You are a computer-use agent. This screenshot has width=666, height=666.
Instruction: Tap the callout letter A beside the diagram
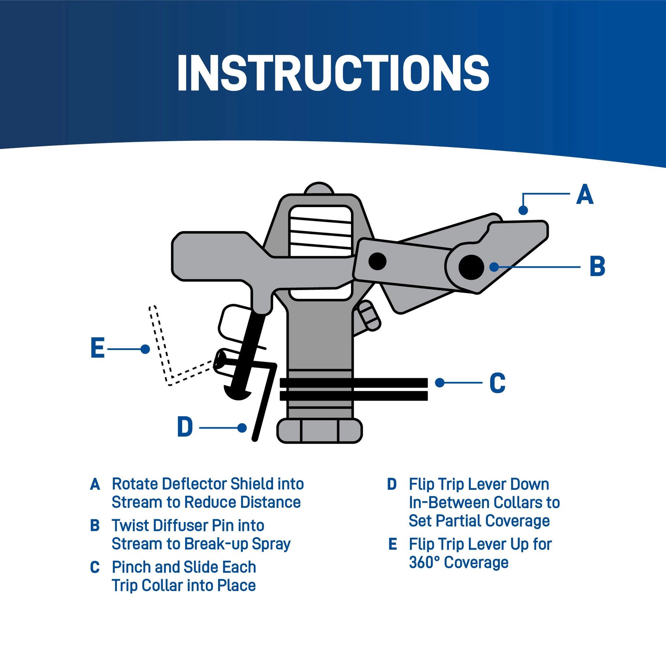click(584, 195)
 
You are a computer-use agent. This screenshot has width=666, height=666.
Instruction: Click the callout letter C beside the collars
click(497, 383)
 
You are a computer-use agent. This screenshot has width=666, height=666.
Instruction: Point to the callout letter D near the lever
click(185, 428)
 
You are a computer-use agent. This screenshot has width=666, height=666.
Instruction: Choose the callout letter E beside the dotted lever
click(97, 348)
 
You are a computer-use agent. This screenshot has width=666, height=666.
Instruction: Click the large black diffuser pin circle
click(471, 267)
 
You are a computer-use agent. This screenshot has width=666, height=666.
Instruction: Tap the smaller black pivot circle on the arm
click(377, 261)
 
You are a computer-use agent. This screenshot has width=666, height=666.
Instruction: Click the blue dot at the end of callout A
click(523, 210)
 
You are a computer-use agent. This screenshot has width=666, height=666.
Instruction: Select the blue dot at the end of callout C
click(440, 383)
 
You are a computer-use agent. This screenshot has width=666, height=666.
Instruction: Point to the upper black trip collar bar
click(354, 383)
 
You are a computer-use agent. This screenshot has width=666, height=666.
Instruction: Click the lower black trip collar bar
click(354, 396)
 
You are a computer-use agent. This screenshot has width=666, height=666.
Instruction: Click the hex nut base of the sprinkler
click(319, 430)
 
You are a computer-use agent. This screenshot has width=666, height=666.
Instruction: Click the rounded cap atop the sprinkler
click(319, 188)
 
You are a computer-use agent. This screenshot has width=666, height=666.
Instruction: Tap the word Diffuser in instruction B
click(180, 526)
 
